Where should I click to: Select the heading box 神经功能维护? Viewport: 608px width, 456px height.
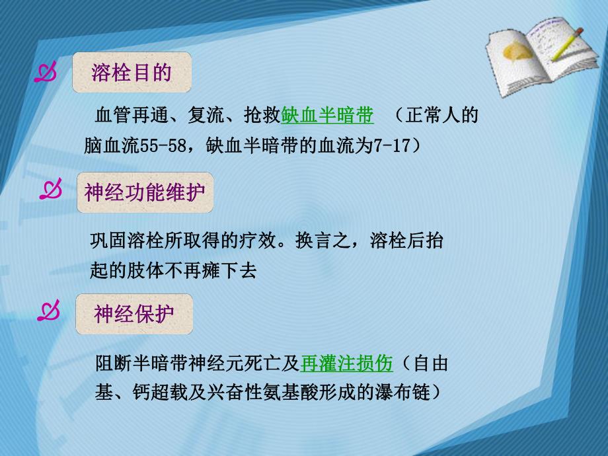click(x=145, y=193)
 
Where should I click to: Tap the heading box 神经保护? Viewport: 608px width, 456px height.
click(x=135, y=314)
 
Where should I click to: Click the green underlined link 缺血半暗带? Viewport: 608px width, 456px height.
click(x=327, y=116)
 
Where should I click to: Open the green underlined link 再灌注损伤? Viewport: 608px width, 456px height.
click(x=346, y=363)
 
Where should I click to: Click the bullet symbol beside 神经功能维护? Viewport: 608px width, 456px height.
click(x=51, y=192)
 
